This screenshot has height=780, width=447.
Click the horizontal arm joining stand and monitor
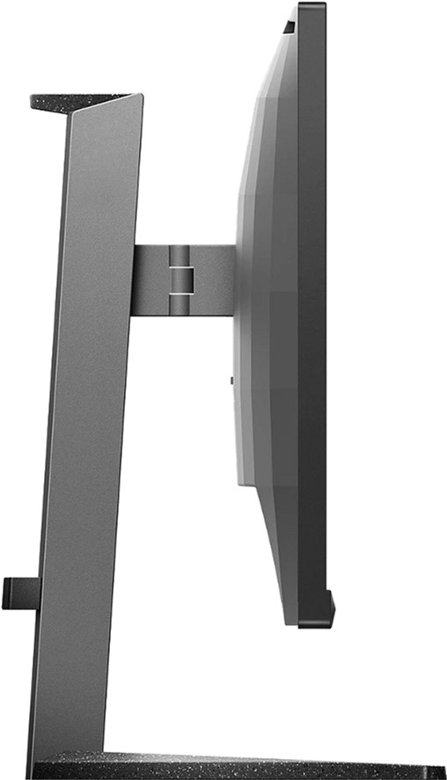183,280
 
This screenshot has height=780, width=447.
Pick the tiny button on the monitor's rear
231,380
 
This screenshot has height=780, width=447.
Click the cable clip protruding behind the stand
19,593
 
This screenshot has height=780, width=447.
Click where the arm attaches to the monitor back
235,280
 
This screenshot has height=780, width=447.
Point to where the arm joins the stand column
135,280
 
